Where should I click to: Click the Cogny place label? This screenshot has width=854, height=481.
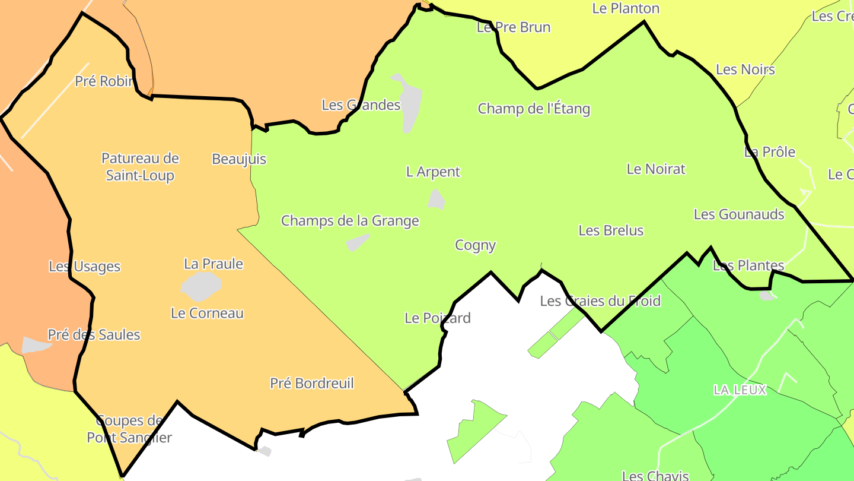[x=475, y=245]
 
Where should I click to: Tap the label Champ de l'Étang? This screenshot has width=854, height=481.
[x=534, y=109]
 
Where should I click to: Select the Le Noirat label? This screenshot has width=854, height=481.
[x=656, y=169]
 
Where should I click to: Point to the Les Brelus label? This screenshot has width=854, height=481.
[x=611, y=230]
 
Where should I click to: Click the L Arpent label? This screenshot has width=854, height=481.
[x=433, y=172]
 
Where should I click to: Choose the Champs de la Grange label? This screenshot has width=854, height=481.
[x=350, y=221]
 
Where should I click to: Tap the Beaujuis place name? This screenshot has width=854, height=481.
[x=239, y=159]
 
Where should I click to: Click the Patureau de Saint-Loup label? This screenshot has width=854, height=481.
[x=140, y=167]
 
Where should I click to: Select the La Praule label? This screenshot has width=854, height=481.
[x=213, y=264]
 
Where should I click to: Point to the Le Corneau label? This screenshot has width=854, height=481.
[x=207, y=313]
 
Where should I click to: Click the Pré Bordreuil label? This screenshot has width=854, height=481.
[x=312, y=384]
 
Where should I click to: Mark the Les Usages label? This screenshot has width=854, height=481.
[x=85, y=267]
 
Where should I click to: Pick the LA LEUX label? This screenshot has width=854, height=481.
[x=740, y=390]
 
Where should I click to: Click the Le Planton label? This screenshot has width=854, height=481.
[x=626, y=8]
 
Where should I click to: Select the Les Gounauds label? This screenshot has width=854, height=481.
[x=739, y=214]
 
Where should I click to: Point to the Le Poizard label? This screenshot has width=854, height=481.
[x=438, y=318]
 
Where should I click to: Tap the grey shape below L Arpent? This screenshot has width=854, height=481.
[x=436, y=200]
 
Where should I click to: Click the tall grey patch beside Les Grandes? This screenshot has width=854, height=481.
[x=409, y=104]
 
